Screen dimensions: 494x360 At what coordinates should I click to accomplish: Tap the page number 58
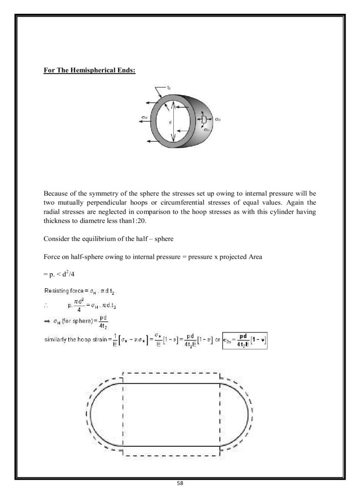click(180, 484)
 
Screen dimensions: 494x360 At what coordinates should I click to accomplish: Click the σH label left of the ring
click(144, 117)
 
